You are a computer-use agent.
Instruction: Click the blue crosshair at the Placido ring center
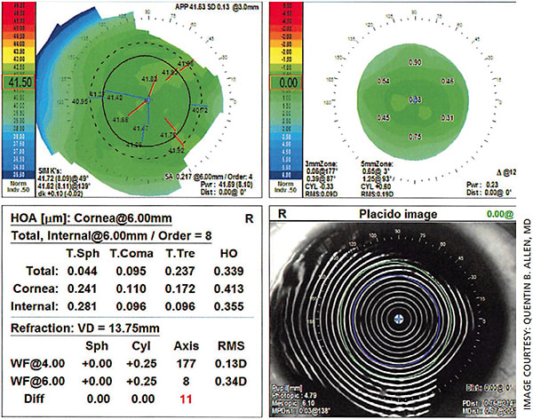tap(401, 321)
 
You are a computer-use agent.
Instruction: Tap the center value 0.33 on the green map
tap(414, 99)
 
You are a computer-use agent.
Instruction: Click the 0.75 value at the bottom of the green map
tap(414, 136)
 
